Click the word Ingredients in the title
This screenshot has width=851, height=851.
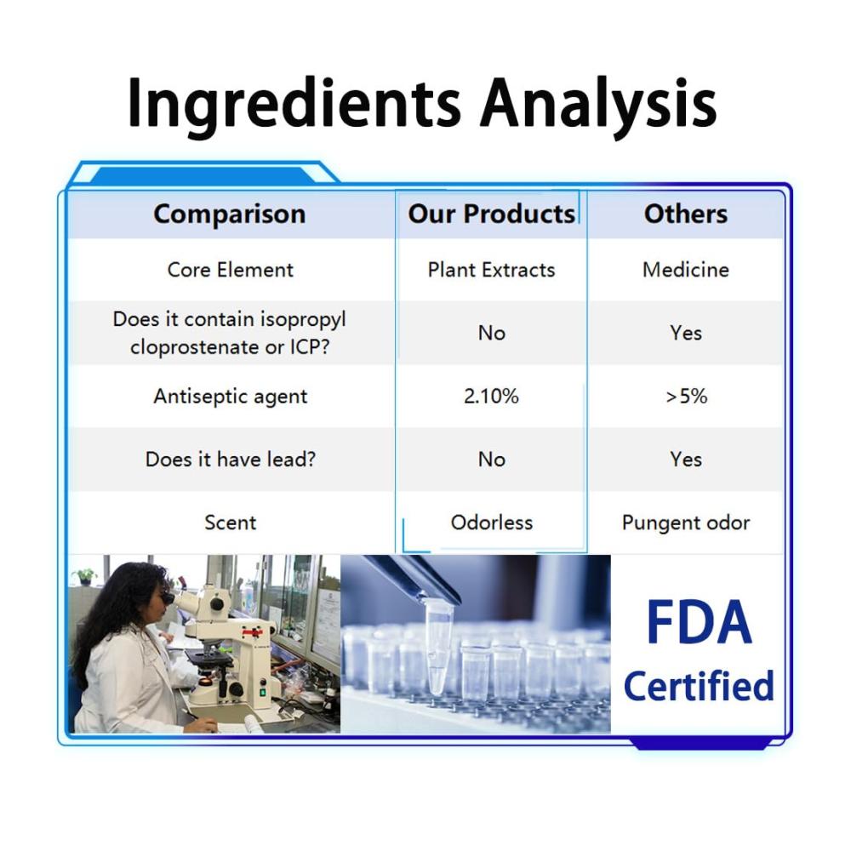(x=294, y=104)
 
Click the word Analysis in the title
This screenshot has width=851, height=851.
(x=598, y=104)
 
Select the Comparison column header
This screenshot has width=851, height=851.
(x=230, y=214)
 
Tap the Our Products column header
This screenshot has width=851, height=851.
(x=491, y=214)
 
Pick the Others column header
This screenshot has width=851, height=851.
(x=686, y=214)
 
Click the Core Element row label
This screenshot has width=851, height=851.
(x=230, y=270)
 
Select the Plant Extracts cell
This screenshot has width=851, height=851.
(x=491, y=270)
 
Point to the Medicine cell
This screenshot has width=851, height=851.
(x=686, y=270)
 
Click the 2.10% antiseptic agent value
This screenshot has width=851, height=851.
(x=491, y=397)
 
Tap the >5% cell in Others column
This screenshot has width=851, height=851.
(x=686, y=397)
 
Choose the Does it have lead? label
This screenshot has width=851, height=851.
(x=230, y=460)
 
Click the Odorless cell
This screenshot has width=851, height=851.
(x=492, y=523)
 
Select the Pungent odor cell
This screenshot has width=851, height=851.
(x=686, y=523)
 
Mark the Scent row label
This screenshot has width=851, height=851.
(x=230, y=523)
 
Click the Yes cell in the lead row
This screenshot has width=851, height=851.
(x=686, y=460)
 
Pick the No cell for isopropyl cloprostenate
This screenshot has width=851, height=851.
(x=492, y=334)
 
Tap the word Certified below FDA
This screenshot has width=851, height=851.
(x=699, y=686)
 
